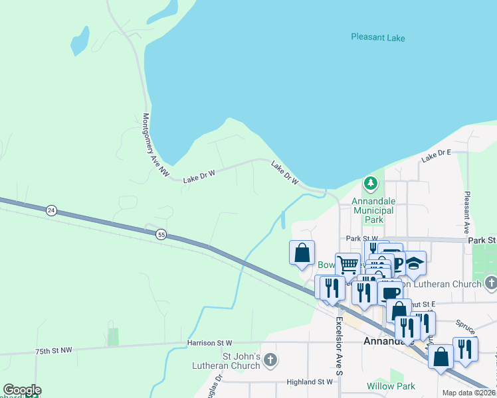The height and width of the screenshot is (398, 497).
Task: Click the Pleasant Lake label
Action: coord(377,38)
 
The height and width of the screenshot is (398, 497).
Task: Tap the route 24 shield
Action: coord(51,210)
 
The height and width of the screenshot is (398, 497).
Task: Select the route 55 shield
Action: coord(161,234)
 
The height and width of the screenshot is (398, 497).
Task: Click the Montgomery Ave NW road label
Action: coord(155,144)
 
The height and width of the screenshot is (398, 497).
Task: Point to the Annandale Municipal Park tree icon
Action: coord(370,182)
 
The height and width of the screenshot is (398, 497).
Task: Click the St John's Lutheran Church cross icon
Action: coord(270,360)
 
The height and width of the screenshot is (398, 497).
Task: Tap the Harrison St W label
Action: coord(209,343)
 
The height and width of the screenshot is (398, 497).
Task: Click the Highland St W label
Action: coord(309,381)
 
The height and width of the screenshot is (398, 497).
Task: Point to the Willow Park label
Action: coord(391,386)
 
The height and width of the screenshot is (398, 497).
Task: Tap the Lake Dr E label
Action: coord(436,156)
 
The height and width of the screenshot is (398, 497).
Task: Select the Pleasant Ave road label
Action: coord(468,210)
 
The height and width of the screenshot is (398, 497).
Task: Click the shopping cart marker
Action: coord(348,265)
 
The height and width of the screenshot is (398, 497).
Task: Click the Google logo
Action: coord(22,390)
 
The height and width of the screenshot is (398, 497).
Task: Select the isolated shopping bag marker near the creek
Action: coord(302,253)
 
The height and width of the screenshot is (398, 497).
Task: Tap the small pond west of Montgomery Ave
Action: coord(80,40)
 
